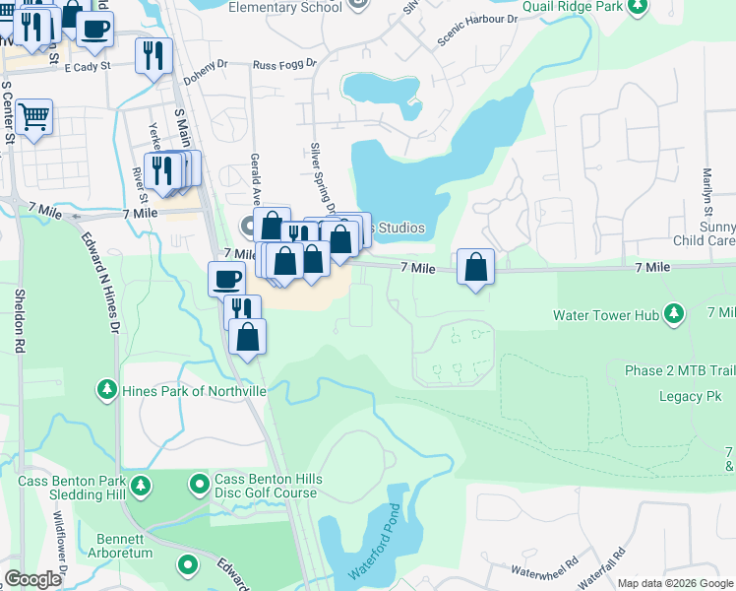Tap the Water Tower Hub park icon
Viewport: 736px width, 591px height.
[x=674, y=314]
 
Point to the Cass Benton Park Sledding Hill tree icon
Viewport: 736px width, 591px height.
[x=142, y=486]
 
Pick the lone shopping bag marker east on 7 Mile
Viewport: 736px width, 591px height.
[x=475, y=267]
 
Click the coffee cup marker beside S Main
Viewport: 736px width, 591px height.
[x=227, y=278]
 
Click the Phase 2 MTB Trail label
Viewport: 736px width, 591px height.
[x=679, y=371]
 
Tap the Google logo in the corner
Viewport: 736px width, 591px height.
[x=32, y=579]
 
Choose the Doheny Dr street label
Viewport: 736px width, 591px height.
[x=206, y=63]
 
